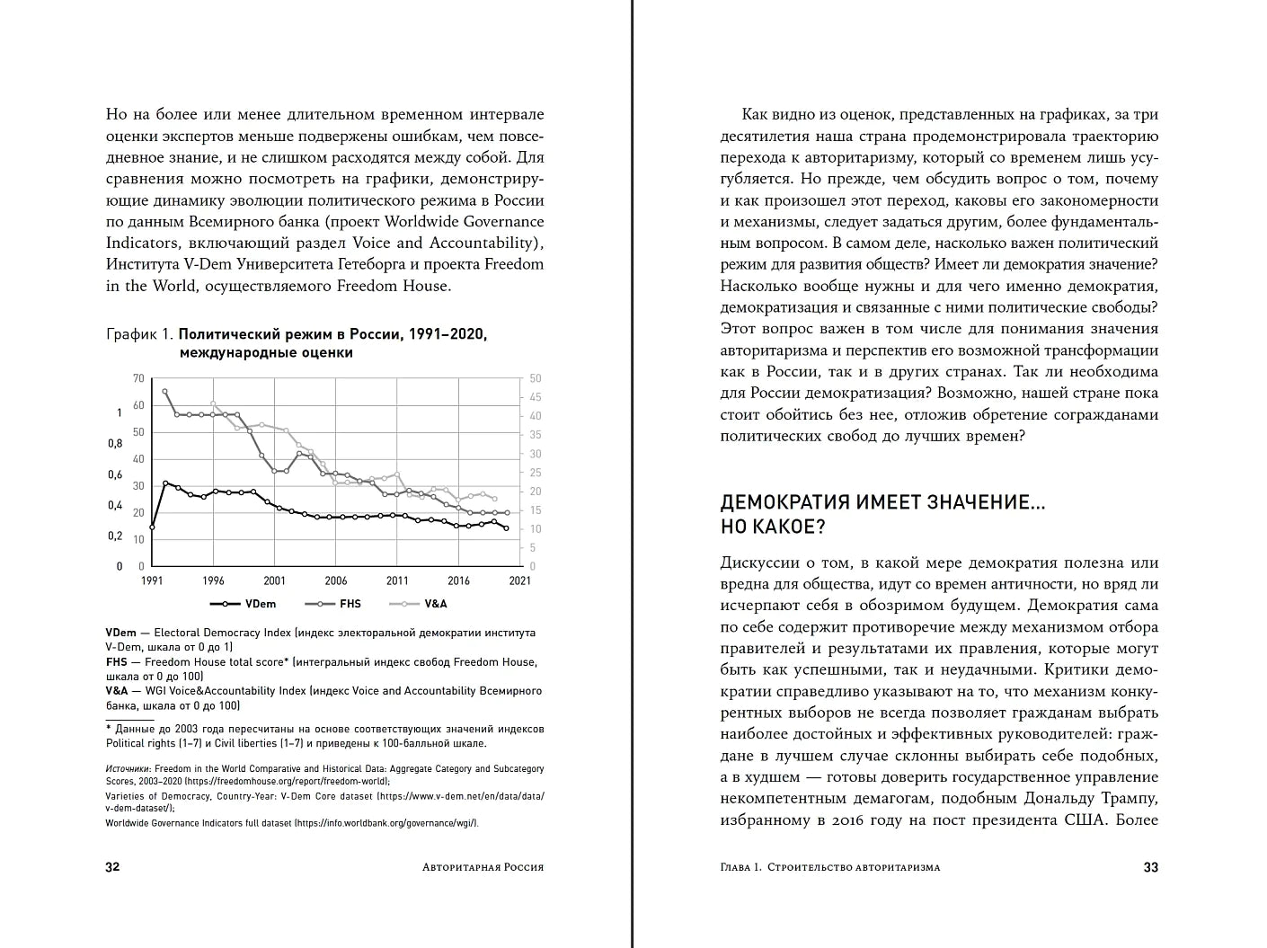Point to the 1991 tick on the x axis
pos(152,580)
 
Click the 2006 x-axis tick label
pos(335,580)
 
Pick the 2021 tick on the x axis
pos(519,580)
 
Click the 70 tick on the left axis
pos(138,378)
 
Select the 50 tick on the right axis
pos(536,378)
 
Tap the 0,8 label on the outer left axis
pos(115,443)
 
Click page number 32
pos(113,867)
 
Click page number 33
pos(1150,867)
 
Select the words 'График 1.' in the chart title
pos(139,334)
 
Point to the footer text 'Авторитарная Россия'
pos(483,867)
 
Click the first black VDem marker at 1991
pos(152,527)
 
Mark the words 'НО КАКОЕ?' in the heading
pos(773,527)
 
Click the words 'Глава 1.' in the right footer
pos(742,867)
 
